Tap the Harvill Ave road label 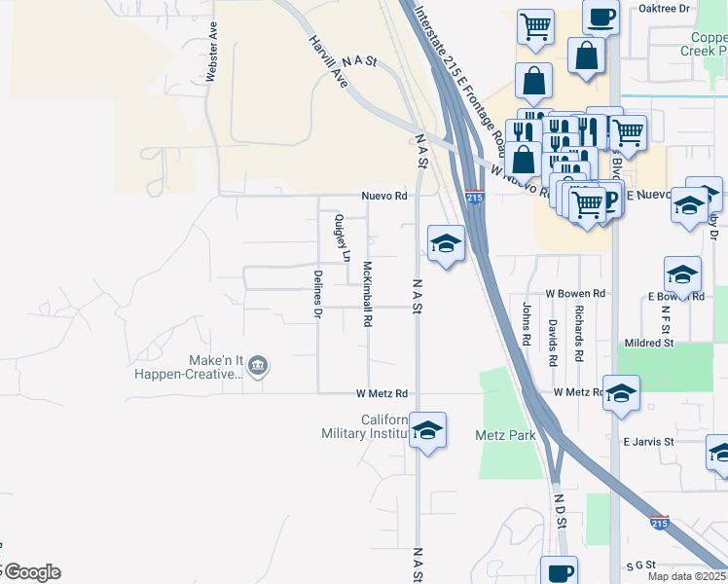327,59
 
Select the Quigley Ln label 340,238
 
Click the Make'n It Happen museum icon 258,366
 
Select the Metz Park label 505,435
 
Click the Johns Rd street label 527,324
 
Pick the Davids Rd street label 552,342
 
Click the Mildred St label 649,343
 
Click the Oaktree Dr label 664,8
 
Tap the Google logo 31,572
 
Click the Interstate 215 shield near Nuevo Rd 474,198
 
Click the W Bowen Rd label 575,293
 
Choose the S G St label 642,565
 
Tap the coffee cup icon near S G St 559,572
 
